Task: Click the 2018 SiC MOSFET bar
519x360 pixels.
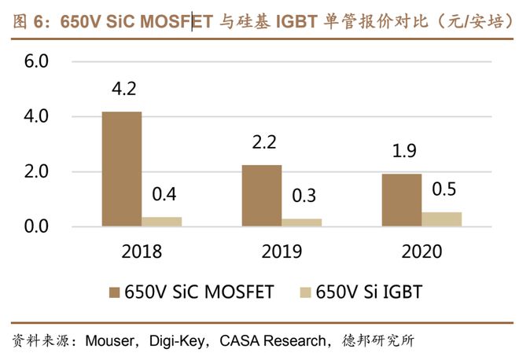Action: pyautogui.click(x=121, y=169)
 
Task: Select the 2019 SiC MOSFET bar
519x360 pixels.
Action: pyautogui.click(x=261, y=196)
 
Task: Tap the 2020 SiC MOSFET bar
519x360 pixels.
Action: pyautogui.click(x=401, y=200)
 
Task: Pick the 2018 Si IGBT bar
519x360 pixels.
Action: pyautogui.click(x=161, y=222)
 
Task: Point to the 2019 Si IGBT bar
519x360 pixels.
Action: pyautogui.click(x=301, y=222)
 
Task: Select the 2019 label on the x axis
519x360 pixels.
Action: pyautogui.click(x=282, y=252)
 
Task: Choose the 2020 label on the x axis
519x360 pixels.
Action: pyautogui.click(x=421, y=252)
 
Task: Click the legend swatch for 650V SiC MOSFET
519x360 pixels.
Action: pyautogui.click(x=113, y=292)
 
